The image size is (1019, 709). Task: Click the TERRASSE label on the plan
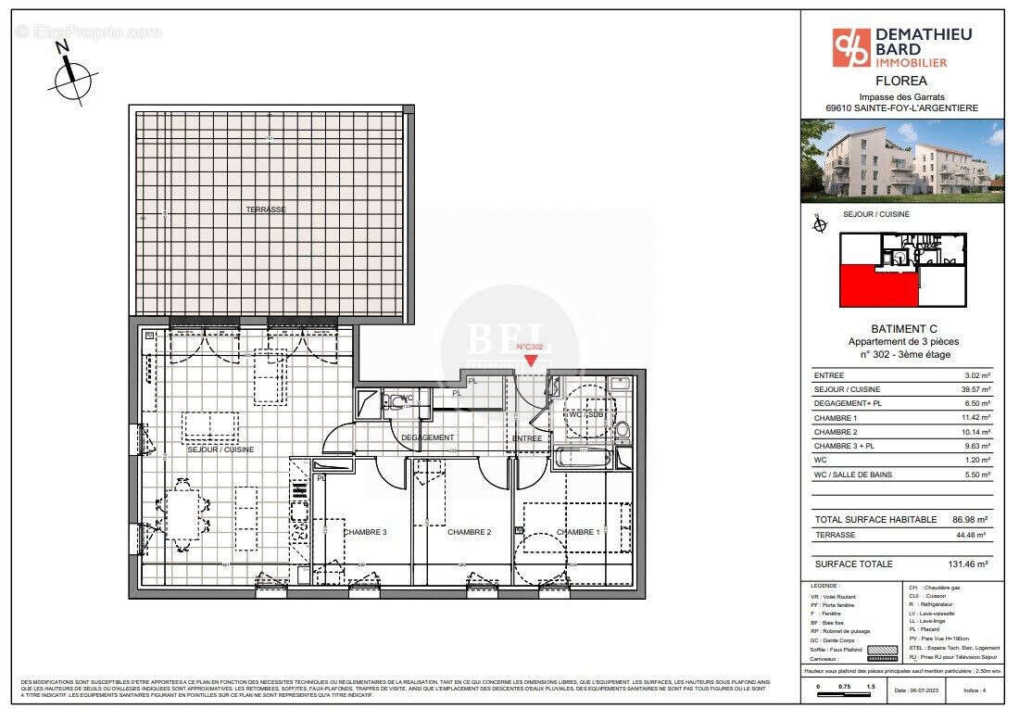click(266, 209)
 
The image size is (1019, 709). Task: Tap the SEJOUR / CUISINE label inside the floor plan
click(220, 449)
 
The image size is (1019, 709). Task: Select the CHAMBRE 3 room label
click(365, 532)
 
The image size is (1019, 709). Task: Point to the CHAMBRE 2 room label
click(469, 532)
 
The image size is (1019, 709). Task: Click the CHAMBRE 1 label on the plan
click(578, 532)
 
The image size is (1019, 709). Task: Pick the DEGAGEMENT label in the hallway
click(427, 437)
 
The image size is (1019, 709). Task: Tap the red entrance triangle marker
click(530, 361)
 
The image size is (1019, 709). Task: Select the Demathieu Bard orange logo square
click(851, 48)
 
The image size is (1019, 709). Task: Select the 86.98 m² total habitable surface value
click(969, 520)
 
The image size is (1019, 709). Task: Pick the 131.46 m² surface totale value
click(969, 563)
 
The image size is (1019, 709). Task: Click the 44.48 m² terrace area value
click(972, 535)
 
